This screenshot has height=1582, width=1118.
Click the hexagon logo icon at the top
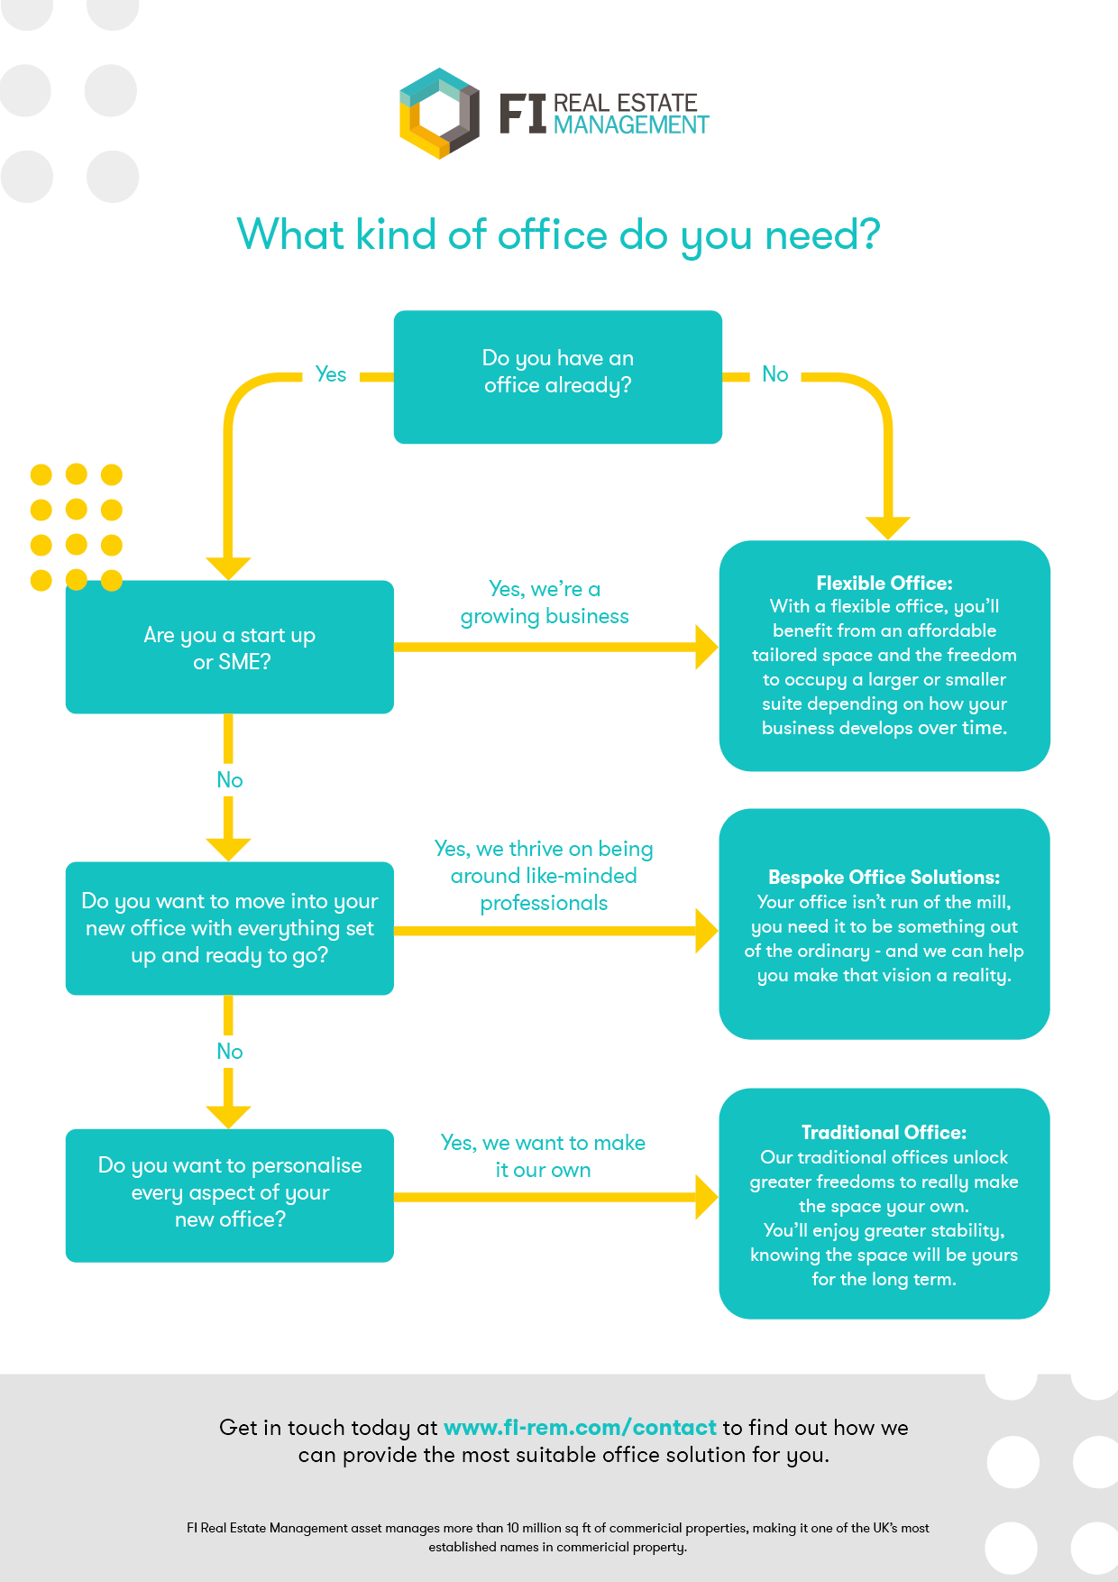tap(439, 113)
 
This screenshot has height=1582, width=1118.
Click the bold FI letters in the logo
tap(523, 114)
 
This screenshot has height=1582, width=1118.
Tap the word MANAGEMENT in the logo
tap(631, 125)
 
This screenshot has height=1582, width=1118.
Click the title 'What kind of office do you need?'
tap(558, 235)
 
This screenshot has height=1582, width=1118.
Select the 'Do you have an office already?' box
tap(558, 377)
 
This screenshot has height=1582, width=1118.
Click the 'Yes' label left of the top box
tap(331, 374)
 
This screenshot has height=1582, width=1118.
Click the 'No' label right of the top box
tap(774, 374)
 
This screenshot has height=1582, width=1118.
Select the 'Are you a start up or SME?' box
tap(230, 648)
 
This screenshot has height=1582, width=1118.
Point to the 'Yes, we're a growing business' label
tap(545, 602)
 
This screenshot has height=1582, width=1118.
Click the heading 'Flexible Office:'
tap(884, 583)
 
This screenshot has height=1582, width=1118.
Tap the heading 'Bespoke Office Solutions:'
tap(884, 877)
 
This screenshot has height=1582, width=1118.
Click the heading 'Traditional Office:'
tap(884, 1132)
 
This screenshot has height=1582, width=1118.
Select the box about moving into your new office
tap(230, 928)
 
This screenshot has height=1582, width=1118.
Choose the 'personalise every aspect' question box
tap(230, 1192)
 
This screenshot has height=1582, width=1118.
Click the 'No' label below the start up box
tap(230, 780)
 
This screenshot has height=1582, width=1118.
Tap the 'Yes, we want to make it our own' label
tap(543, 1156)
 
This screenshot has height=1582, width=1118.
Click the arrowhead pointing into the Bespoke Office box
tap(706, 930)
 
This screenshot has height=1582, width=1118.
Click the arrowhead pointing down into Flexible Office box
tap(887, 527)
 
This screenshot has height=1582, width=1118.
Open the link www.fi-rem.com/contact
tap(580, 1427)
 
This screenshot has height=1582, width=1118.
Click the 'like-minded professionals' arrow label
tap(544, 875)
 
